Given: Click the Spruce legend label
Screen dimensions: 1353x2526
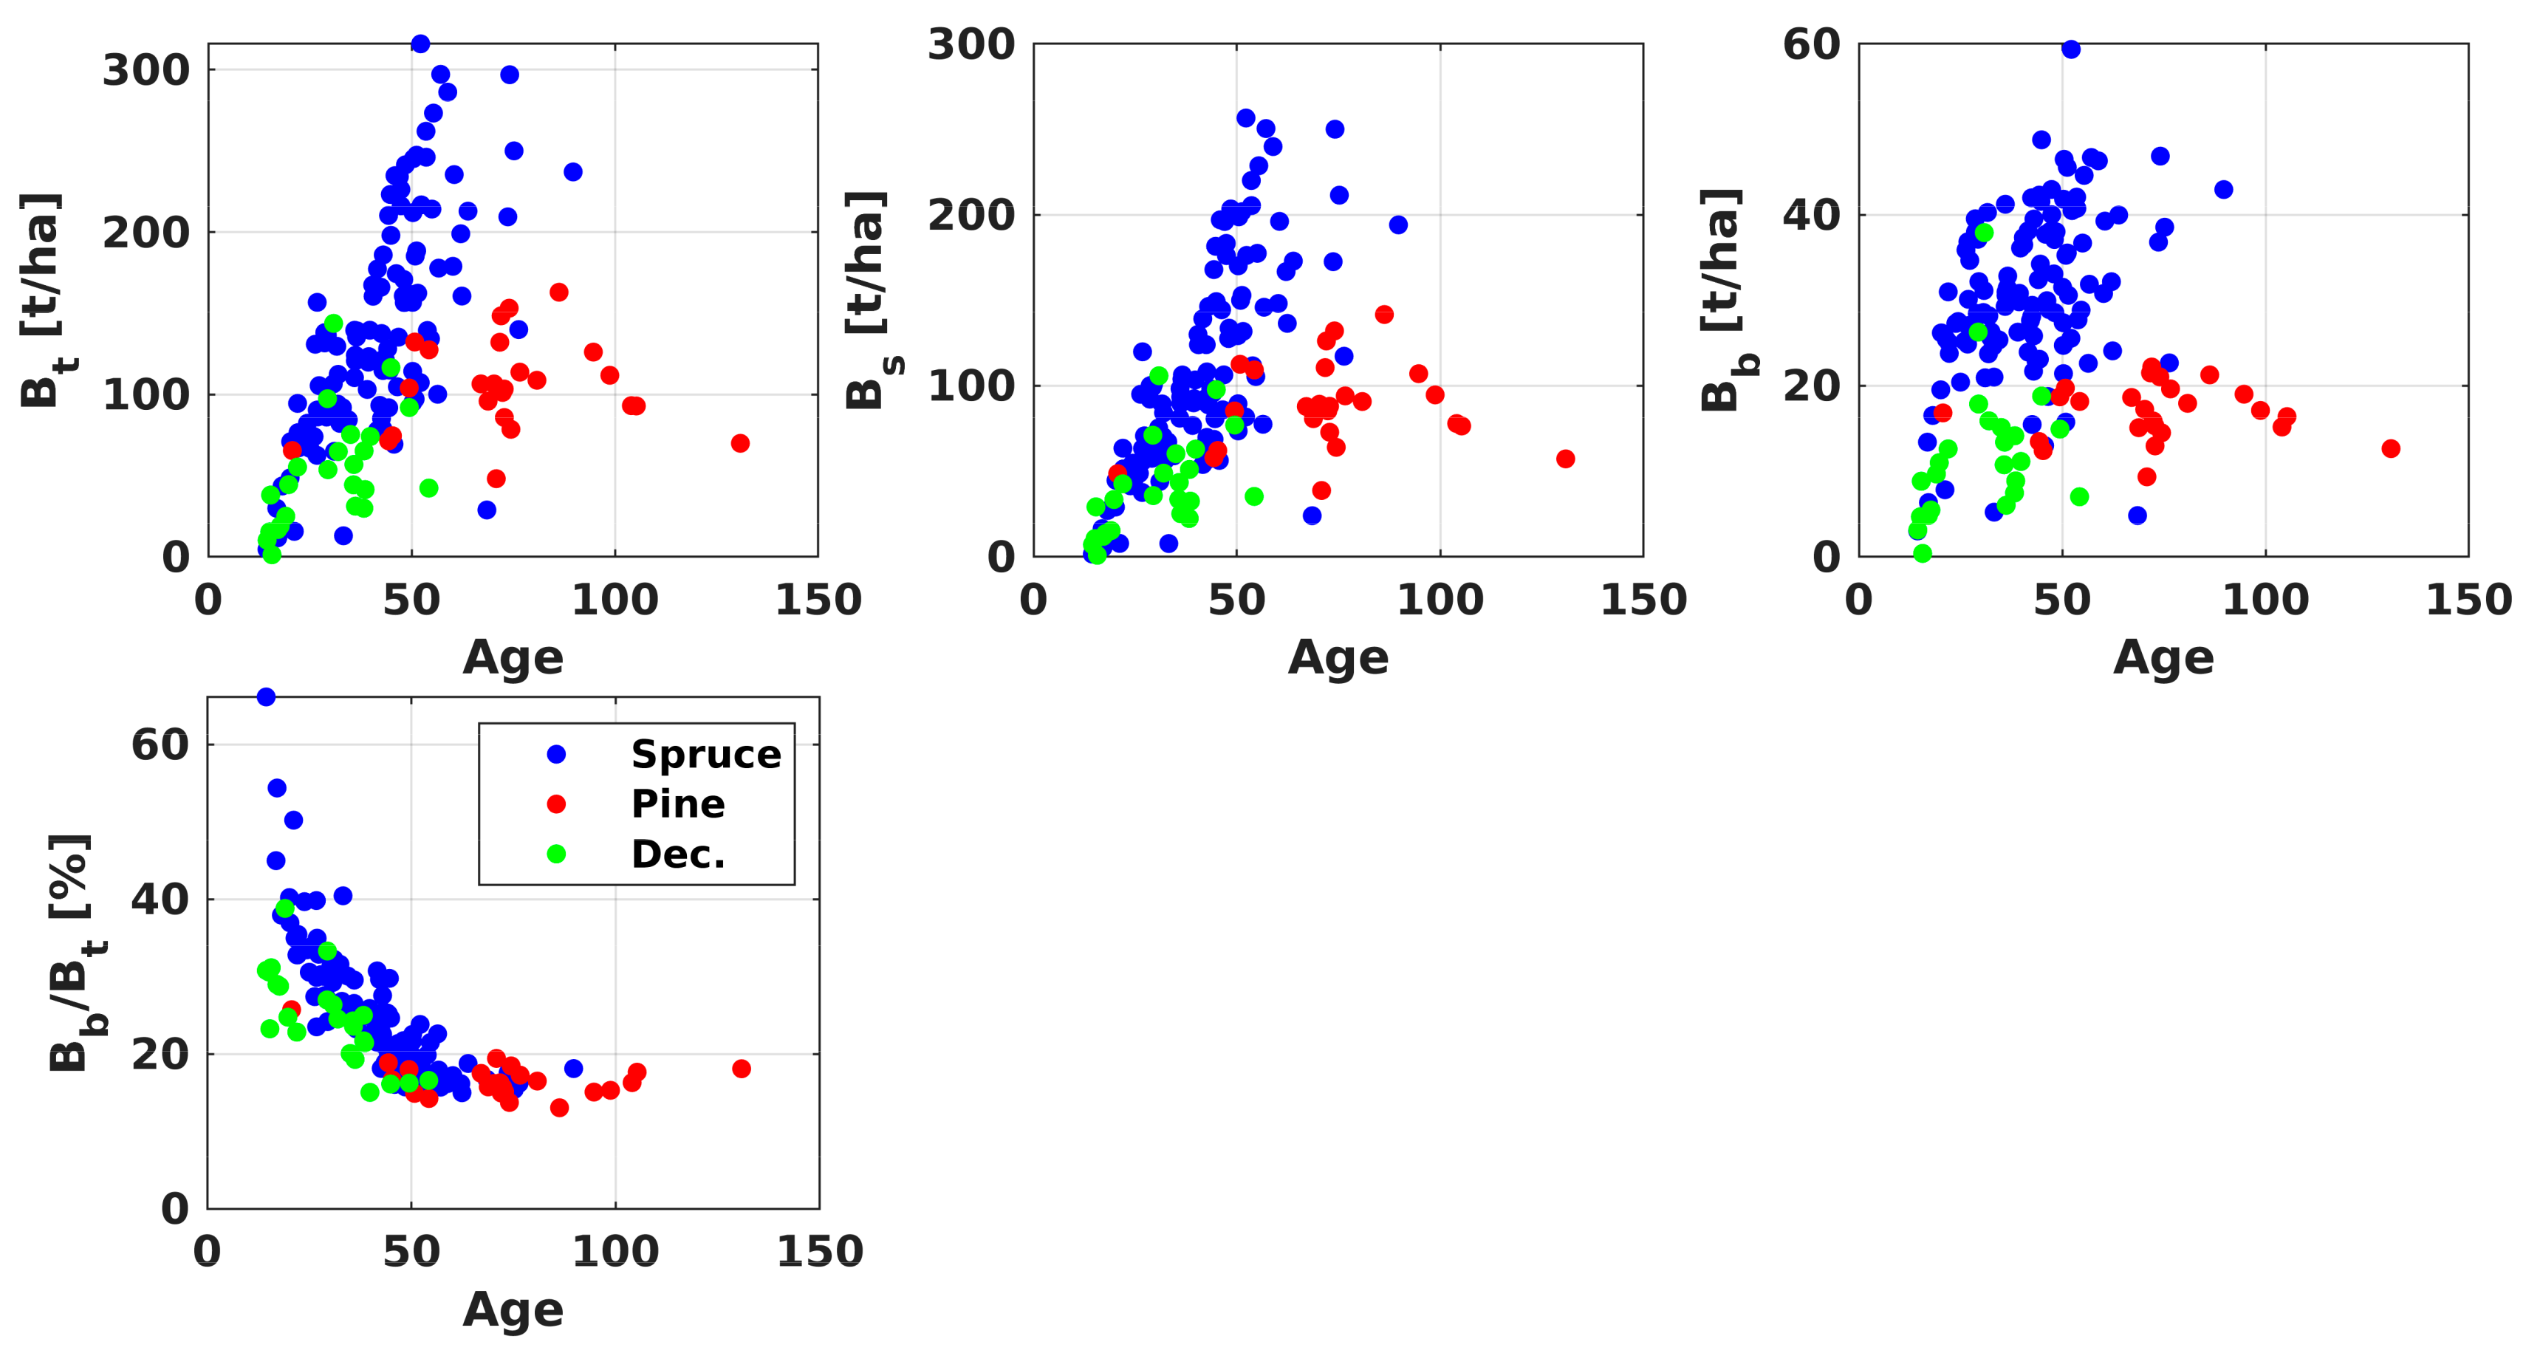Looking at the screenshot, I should pos(706,754).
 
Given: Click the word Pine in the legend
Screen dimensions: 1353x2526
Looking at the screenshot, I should pos(677,804).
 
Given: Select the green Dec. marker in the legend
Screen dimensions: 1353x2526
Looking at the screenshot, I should pos(556,854).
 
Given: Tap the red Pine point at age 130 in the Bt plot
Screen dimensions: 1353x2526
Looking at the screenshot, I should pos(740,443).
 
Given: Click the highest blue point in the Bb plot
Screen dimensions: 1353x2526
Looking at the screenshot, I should pos(2071,49).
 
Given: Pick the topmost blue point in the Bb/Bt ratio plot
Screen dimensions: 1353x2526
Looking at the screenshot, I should pos(266,697).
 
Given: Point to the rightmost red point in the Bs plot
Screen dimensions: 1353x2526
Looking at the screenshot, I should pos(1566,459).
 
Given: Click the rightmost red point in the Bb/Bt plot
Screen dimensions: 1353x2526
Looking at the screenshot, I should pos(742,1069).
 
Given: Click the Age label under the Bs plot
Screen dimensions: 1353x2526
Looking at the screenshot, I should pos(1338,657).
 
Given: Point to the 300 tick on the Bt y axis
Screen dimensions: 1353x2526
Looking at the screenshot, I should pos(147,71).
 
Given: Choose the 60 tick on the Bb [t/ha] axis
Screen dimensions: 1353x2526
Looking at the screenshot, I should pos(1811,44).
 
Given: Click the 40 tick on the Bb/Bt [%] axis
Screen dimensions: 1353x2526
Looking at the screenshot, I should pos(160,899).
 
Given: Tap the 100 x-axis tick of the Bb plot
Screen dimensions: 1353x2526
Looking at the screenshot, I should pos(2265,600).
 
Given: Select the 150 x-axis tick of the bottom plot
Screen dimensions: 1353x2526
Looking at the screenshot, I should pos(820,1252).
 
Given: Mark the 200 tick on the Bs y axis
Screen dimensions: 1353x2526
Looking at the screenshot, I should pos(972,215).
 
